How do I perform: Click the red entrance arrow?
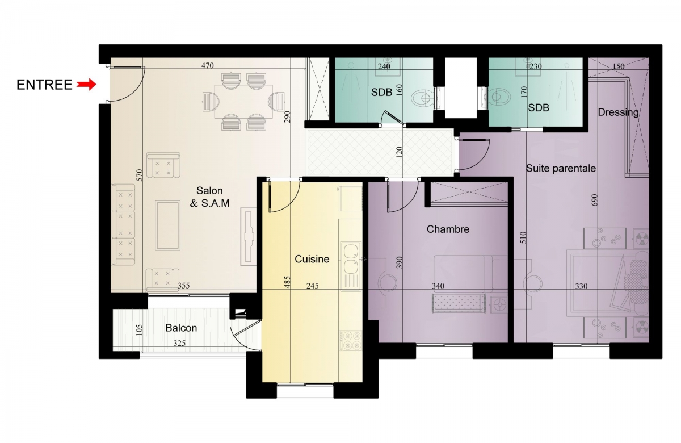coord(86,84)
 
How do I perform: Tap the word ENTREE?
coord(44,85)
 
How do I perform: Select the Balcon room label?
coord(181,328)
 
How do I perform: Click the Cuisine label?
coord(312,259)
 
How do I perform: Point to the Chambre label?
coord(448,229)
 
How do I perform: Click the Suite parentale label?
coord(561,168)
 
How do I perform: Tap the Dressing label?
coord(619,112)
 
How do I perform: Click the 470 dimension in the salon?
coord(208,65)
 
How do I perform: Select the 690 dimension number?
coord(595,200)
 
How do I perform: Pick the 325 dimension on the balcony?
coord(179,343)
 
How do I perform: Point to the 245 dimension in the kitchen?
coord(313,286)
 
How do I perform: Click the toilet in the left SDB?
coord(422,98)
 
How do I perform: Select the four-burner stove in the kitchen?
coord(351,340)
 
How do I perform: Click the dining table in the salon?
coord(243,102)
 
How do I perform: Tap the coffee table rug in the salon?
coord(167,225)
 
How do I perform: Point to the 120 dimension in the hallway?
coord(400,152)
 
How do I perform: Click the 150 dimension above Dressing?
coord(619,66)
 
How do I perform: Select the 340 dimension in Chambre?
coord(438,286)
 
